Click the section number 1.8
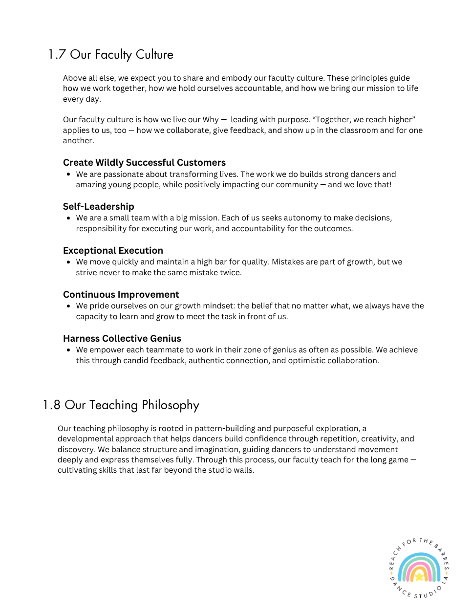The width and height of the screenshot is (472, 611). (x=51, y=405)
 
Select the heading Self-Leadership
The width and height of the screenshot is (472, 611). (x=98, y=206)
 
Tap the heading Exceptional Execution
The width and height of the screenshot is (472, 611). (x=113, y=250)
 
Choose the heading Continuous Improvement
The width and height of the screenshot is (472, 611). (x=121, y=294)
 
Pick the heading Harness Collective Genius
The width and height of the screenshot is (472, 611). (x=122, y=338)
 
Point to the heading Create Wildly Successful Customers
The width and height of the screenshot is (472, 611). (x=144, y=162)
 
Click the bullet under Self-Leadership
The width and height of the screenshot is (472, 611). (x=68, y=218)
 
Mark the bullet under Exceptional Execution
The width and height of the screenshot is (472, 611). (x=68, y=262)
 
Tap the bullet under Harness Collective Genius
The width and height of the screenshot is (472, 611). (x=68, y=350)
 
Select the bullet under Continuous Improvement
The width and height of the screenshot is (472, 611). (x=68, y=306)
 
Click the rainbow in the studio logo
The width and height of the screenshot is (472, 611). (x=419, y=568)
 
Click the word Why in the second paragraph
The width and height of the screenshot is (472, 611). (x=211, y=120)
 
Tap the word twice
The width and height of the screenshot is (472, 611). (x=230, y=273)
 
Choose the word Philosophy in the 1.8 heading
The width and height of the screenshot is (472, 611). (x=171, y=405)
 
